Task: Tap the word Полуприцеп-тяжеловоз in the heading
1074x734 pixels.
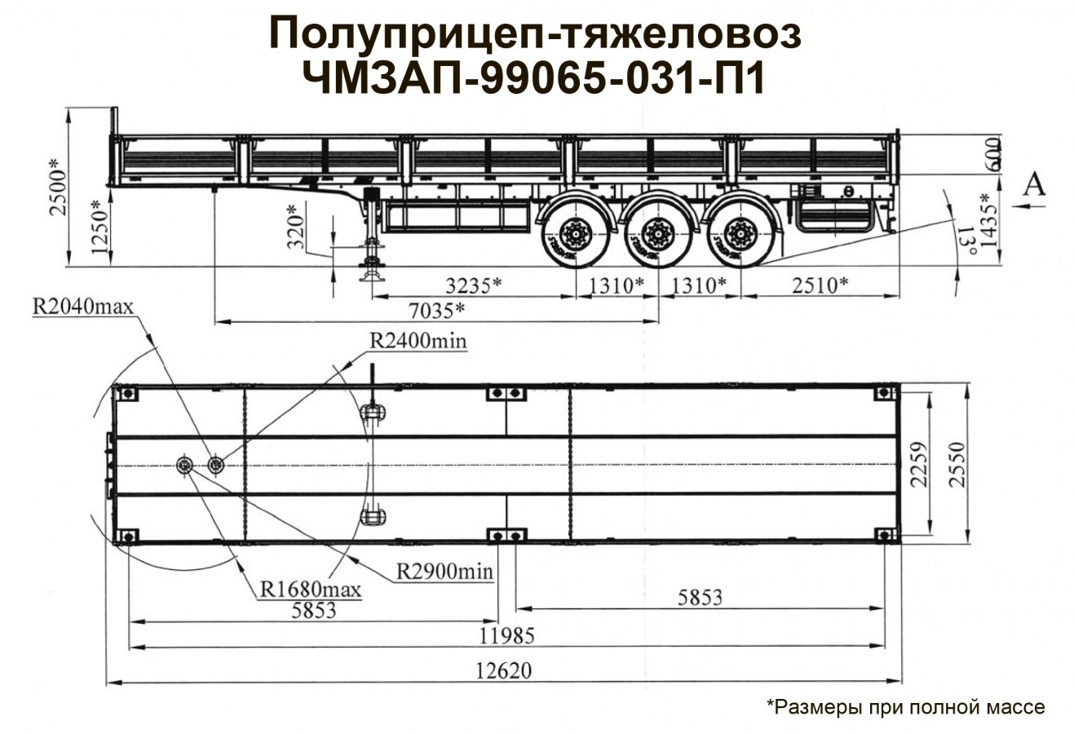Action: [x=535, y=35]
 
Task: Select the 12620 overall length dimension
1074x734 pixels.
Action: [x=505, y=671]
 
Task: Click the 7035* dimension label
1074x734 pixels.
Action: [x=437, y=311]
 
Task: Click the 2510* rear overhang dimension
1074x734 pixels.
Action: [x=820, y=285]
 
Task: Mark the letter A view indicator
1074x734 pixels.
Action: [x=1033, y=185]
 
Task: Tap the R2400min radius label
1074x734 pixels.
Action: [x=418, y=340]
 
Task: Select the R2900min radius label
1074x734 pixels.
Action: [x=444, y=571]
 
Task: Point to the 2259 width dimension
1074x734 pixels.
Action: [x=919, y=465]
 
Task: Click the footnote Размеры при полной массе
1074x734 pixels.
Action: [x=905, y=706]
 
